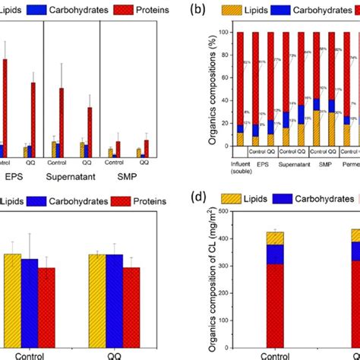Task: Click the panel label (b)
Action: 198,11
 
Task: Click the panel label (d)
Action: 198,199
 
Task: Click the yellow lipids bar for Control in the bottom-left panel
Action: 12,296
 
